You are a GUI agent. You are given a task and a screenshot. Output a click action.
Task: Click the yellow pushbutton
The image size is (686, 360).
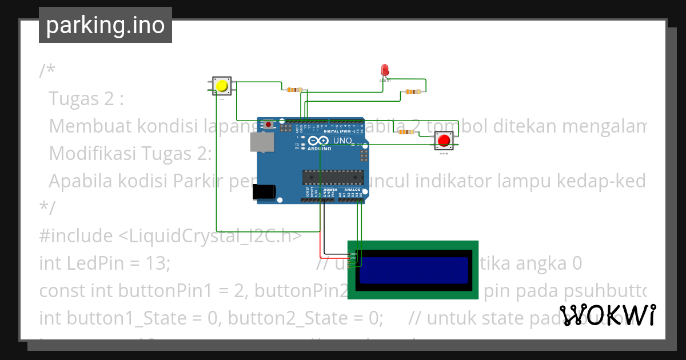pos(221,86)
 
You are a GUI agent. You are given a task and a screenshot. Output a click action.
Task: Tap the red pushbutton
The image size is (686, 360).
pos(443,140)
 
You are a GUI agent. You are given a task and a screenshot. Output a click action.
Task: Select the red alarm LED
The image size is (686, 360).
pos(385,70)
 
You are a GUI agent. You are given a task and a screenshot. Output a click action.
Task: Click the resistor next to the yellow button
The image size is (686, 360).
pos(294,90)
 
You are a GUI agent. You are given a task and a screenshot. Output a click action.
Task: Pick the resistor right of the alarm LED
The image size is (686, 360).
pos(412,91)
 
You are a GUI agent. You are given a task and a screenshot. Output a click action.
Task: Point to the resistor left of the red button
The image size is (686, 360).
pos(406,132)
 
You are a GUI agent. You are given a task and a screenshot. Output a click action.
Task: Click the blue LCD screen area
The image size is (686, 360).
pos(413,270)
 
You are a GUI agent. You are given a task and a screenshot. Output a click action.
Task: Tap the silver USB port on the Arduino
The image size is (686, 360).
pos(262,142)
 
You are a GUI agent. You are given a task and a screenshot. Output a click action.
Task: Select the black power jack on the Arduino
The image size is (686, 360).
pos(265,192)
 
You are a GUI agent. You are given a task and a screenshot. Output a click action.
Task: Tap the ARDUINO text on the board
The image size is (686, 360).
pos(320,149)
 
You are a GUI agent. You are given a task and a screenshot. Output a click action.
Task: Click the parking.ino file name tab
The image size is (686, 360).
pos(105,25)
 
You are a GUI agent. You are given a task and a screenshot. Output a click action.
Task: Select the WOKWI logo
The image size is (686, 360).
pos(607,315)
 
